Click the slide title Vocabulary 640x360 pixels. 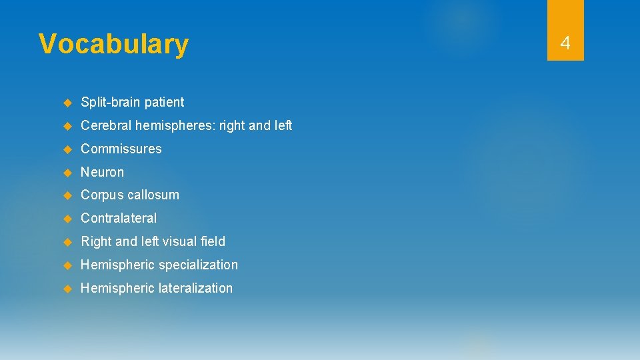coord(113,44)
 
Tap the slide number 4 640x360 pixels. coord(565,44)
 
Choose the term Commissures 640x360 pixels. coord(121,149)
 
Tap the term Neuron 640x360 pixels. coord(102,172)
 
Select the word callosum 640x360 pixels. coord(153,195)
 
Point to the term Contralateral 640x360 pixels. coord(119,218)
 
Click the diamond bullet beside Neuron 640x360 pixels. coord(67,172)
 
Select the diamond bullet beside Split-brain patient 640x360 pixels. coord(67,103)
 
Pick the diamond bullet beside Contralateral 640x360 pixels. coord(67,219)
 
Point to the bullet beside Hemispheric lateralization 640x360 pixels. coord(67,289)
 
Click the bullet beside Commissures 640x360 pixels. coord(67,149)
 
